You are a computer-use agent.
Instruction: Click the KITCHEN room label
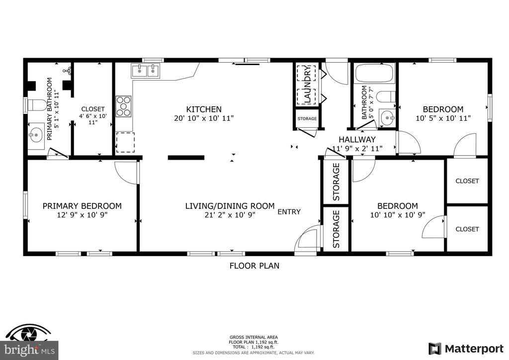(204, 109)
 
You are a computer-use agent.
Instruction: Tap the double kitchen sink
(146, 71)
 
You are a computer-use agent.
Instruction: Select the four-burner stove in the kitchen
(124, 106)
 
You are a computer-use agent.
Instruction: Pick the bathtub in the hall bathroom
(375, 74)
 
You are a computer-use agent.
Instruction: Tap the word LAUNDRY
(308, 84)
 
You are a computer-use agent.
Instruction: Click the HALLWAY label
(357, 140)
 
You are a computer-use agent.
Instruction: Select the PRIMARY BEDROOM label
(82, 206)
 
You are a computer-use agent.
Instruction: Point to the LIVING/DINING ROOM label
(230, 206)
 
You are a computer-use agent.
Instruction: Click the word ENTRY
(289, 212)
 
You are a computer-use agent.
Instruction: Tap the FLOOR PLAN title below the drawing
(254, 266)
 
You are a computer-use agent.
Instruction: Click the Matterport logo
(466, 349)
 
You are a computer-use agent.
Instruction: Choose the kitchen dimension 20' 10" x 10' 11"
(204, 118)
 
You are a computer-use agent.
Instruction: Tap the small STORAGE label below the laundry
(307, 119)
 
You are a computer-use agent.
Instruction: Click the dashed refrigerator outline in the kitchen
(126, 142)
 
